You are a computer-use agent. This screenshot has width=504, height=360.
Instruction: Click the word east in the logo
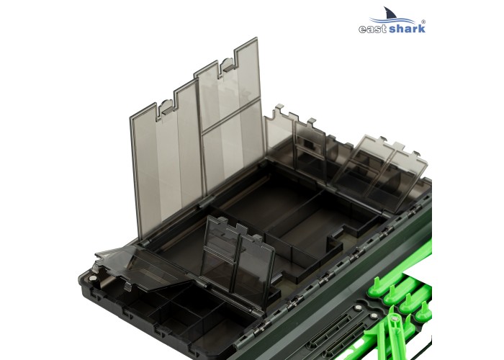[x=374, y=29]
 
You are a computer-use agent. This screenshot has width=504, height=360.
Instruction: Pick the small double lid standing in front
[x=238, y=252]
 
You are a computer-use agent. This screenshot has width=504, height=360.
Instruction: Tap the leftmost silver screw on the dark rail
[x=357, y=310]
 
